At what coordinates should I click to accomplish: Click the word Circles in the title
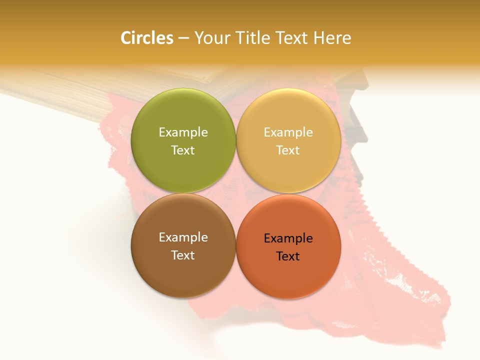pos(147,38)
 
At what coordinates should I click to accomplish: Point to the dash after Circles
pos(183,38)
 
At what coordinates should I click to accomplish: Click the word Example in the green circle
pos(183,132)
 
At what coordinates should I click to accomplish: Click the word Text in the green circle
pos(183,150)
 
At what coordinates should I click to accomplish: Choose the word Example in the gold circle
pos(288,132)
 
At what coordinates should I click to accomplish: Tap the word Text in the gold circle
pos(288,150)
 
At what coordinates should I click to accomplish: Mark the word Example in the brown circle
pos(183,237)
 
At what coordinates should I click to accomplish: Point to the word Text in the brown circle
pos(183,255)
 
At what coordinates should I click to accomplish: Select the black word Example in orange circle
pos(288,238)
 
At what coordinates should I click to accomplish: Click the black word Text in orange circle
pos(288,256)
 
